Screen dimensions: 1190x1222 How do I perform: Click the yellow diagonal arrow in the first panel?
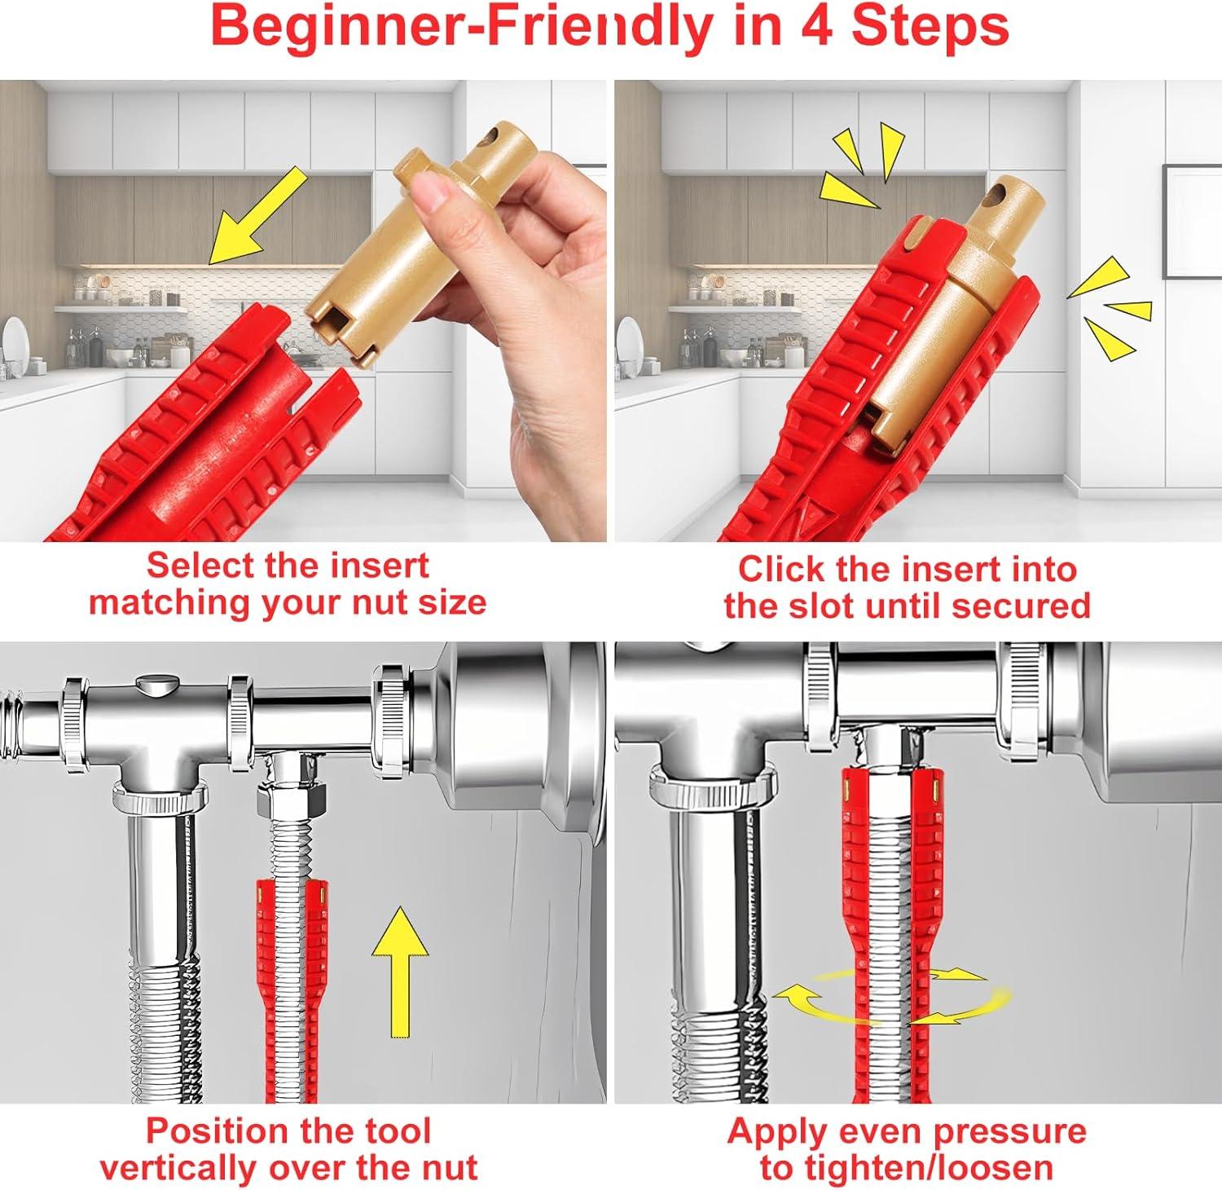[257, 215]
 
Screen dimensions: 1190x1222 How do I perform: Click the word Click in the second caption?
[780, 569]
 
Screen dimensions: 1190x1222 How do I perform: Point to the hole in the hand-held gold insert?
[494, 132]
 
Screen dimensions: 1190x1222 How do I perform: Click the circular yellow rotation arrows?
[892, 994]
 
